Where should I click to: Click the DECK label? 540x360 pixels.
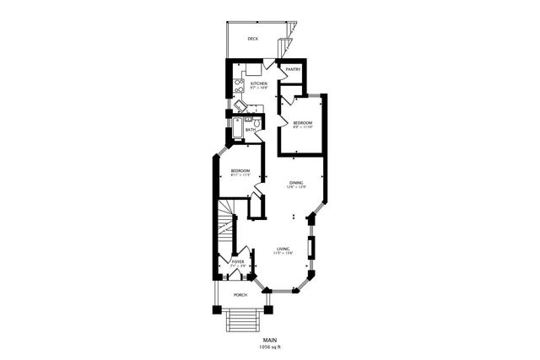(252, 39)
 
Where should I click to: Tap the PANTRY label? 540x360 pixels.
(293, 69)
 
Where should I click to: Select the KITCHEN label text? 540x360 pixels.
(258, 83)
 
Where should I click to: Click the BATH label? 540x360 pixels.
(251, 130)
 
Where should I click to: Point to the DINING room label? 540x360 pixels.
(296, 183)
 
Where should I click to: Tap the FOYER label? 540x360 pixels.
(238, 262)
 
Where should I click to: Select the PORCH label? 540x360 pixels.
(240, 295)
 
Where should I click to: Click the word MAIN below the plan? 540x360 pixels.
(269, 340)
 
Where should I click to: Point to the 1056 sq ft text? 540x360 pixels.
(269, 347)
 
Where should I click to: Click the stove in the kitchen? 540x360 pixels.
(239, 84)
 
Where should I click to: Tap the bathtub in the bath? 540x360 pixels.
(238, 129)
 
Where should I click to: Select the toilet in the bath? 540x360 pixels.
(256, 123)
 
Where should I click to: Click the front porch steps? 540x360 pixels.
(241, 321)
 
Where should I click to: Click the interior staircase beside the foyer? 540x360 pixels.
(224, 228)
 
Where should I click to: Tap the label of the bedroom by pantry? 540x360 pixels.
(303, 123)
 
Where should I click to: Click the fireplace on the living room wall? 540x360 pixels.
(312, 247)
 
